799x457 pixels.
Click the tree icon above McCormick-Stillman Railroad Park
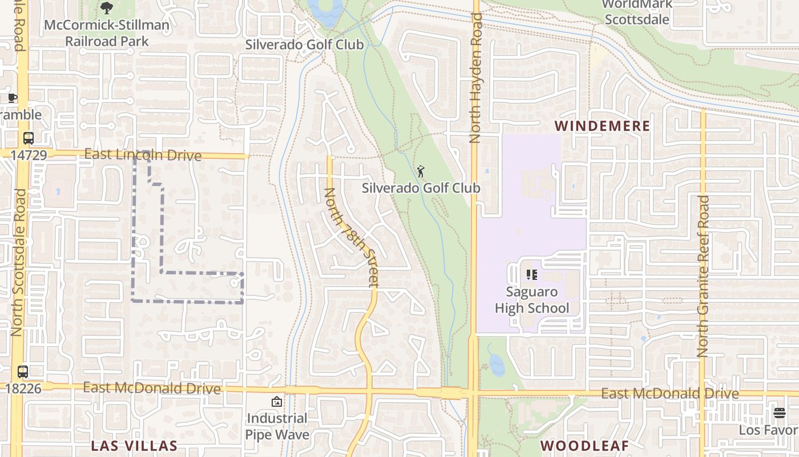point(106,8)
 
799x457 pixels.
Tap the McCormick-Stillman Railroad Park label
point(107,33)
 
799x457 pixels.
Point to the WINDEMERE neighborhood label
point(602,126)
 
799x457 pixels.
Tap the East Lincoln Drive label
point(143,155)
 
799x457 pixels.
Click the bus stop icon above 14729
point(28,138)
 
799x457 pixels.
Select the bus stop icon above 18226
point(23,372)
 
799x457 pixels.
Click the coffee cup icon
point(13,98)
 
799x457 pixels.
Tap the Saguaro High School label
point(532,300)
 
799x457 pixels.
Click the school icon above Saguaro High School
point(532,275)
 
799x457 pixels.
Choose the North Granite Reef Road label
point(703,277)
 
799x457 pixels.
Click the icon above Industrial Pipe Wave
point(277,402)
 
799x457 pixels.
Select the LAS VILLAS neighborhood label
point(135,446)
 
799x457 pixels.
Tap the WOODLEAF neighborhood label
point(584,446)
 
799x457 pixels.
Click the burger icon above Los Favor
point(780,412)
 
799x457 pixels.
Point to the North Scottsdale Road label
point(18,263)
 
